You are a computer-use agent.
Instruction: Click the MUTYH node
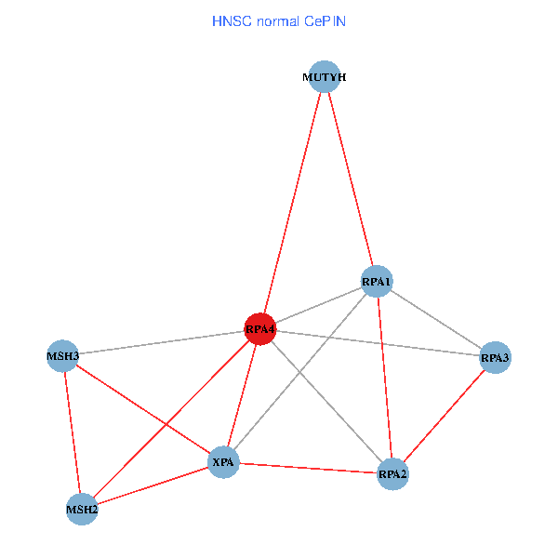coord(325,76)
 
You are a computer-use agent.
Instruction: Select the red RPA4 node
coord(260,329)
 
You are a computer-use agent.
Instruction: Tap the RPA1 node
coord(377,281)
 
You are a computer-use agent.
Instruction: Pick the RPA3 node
coord(495,357)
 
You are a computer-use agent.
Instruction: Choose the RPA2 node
coord(392,474)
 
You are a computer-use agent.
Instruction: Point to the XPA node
coord(223,462)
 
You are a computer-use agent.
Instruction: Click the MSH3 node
coord(62,356)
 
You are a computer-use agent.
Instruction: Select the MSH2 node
coord(82,510)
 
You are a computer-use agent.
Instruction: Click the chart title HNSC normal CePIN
coord(279,21)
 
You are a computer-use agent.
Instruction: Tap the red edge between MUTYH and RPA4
coord(292,203)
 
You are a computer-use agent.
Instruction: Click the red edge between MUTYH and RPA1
coord(351,179)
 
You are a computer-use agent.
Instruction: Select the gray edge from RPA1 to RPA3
coord(436,319)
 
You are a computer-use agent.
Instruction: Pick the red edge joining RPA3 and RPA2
coord(444,416)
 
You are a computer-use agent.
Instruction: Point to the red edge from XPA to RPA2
coord(308,468)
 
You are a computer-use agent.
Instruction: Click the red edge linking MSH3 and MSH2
coord(73,432)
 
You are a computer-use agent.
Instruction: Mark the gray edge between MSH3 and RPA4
coord(161,342)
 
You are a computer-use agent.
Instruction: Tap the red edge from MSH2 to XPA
coord(153,485)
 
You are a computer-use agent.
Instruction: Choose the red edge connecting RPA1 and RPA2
coord(385,378)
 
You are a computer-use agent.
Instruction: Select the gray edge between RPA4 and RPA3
coord(378,343)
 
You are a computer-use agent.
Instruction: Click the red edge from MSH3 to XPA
coord(142,409)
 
